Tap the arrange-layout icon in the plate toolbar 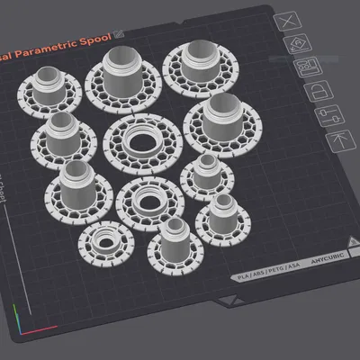click(x=310, y=67)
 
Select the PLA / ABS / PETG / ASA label click(x=265, y=271)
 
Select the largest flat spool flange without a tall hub click(x=140, y=141)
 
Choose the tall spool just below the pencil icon click(x=123, y=77)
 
